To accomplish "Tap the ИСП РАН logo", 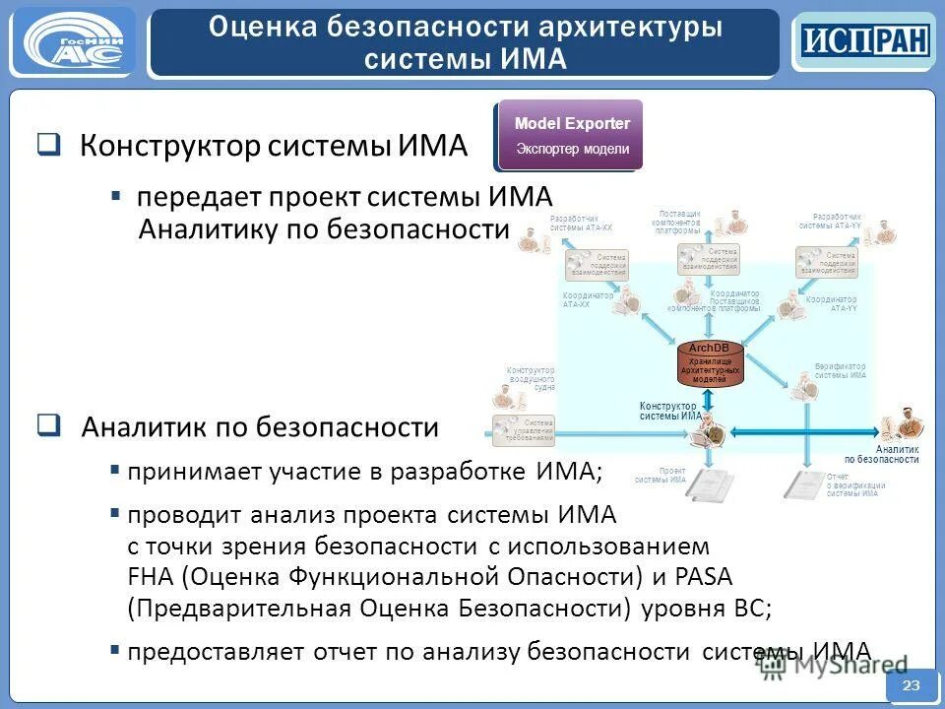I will [x=863, y=41].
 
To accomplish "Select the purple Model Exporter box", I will [x=571, y=134].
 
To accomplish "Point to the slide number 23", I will [x=911, y=685].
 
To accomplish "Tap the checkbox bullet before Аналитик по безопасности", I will [x=48, y=426].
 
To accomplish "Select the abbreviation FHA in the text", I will [x=151, y=576].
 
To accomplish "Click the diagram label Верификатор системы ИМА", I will [x=840, y=370].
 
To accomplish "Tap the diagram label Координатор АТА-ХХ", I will [x=588, y=299].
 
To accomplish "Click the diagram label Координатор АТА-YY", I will [x=831, y=303].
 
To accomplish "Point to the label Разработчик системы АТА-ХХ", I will [x=581, y=222].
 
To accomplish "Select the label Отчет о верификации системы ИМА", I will [x=855, y=485].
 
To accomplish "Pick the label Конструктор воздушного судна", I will [x=532, y=379].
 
